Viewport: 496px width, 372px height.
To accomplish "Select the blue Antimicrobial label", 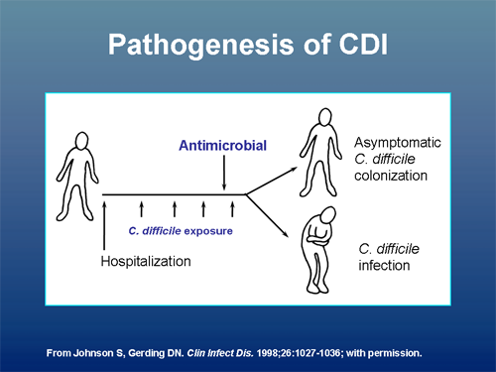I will (x=224, y=147).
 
